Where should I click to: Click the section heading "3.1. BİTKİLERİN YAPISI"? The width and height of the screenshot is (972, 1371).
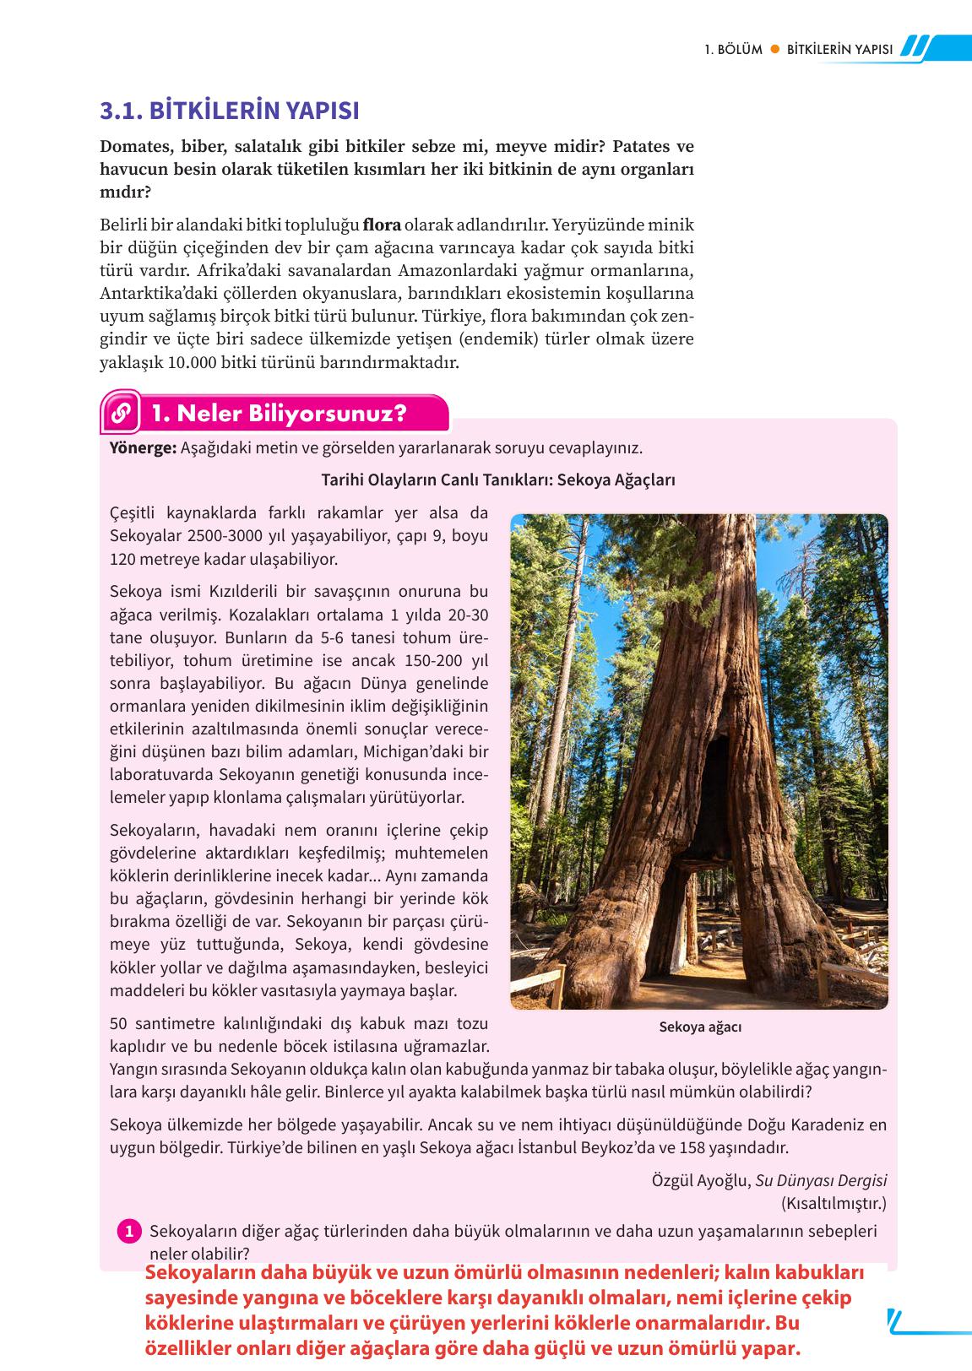tap(229, 111)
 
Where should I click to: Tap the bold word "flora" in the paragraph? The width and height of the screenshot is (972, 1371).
tap(382, 225)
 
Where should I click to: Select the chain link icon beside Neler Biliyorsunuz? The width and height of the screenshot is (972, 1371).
tap(121, 414)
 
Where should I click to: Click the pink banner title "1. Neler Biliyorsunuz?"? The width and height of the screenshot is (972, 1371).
tap(279, 414)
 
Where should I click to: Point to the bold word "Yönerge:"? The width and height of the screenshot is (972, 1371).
tap(143, 447)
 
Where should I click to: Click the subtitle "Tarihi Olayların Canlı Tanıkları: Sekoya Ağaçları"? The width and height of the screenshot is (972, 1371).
tap(498, 480)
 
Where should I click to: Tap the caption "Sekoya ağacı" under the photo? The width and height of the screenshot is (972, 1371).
tap(700, 1027)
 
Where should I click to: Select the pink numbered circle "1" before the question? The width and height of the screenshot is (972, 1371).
tap(129, 1232)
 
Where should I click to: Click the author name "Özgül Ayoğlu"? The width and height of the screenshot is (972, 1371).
tap(700, 1180)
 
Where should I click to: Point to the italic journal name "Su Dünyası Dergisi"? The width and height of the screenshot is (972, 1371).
tap(821, 1180)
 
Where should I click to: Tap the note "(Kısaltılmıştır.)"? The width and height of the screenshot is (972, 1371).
tap(834, 1203)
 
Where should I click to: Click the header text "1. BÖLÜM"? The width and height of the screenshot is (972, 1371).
tap(733, 49)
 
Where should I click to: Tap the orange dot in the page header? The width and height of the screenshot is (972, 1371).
tap(774, 49)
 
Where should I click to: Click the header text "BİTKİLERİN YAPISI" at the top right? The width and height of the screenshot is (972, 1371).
tap(839, 49)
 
